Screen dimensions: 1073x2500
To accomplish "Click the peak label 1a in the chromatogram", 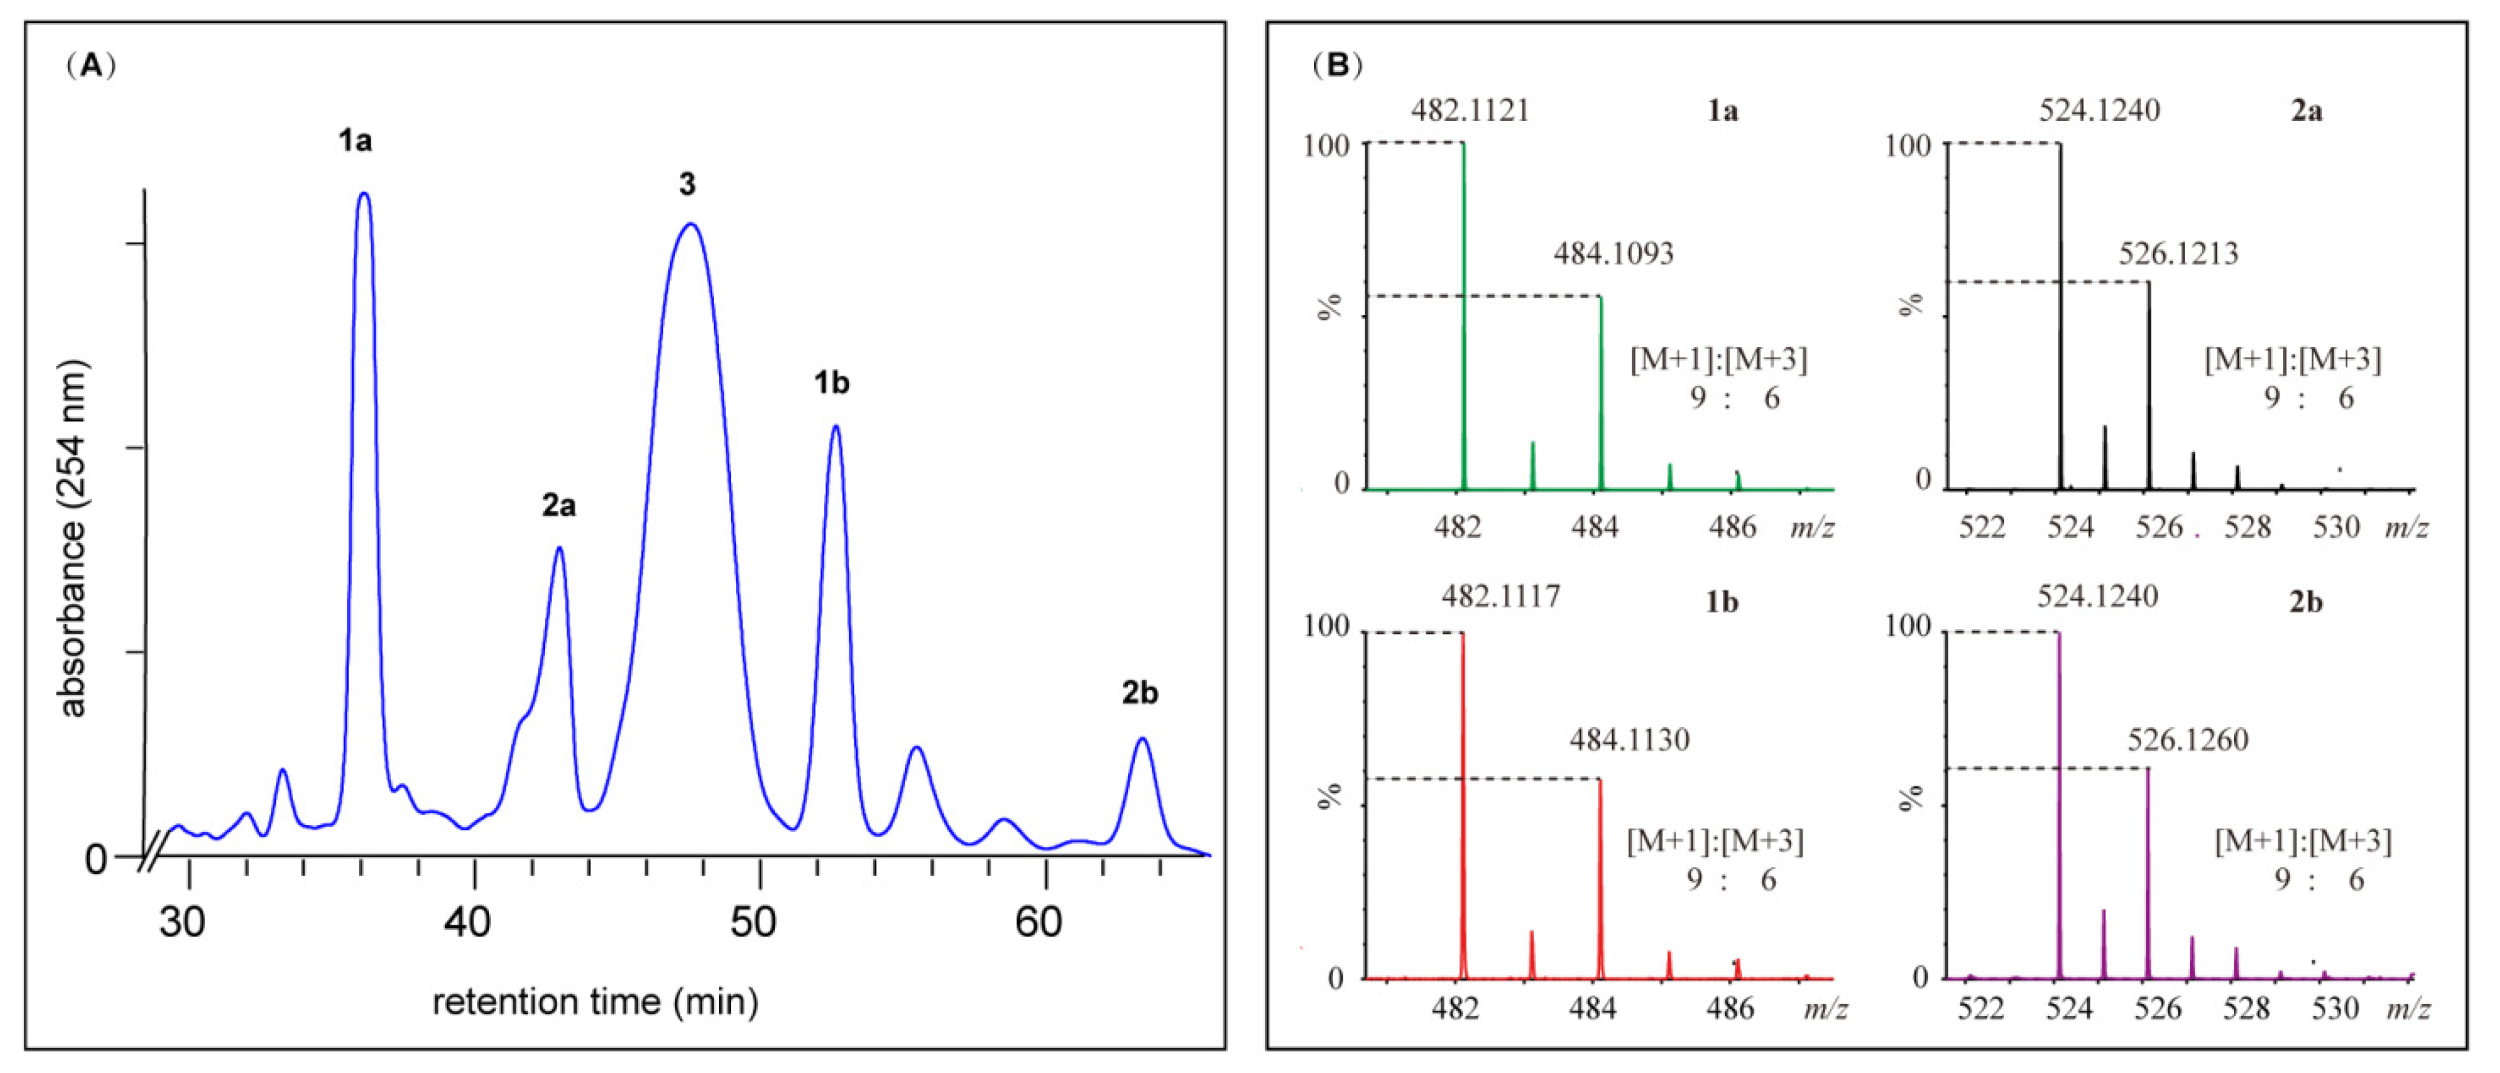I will coord(355,142).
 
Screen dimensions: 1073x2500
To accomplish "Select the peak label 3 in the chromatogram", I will coord(687,184).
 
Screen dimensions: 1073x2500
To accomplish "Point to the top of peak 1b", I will coord(834,427).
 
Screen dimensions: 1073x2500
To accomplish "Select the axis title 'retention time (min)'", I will coord(595,1001).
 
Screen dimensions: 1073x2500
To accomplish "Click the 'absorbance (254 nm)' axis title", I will coord(73,539).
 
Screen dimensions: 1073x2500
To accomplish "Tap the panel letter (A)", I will coord(91,66).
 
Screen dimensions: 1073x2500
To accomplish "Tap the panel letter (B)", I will coord(1337,66).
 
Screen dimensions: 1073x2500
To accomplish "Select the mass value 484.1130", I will coord(1630,740).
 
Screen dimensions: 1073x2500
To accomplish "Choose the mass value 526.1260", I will coord(2188,740).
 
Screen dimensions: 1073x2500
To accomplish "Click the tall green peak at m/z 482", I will coord(1464,311).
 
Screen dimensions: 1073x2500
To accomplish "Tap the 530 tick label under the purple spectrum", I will coord(2335,1009).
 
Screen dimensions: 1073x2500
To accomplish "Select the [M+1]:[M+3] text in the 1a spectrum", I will coord(1719,360).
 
